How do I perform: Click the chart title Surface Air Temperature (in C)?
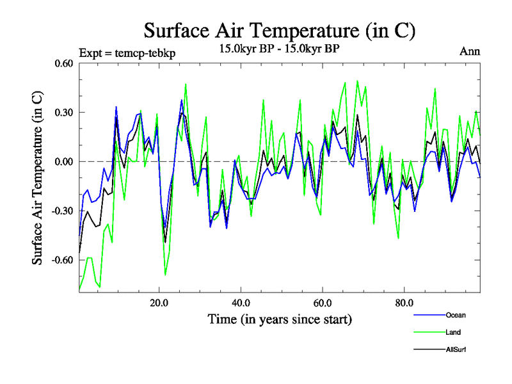pyautogui.click(x=280, y=30)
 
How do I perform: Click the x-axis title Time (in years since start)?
pyautogui.click(x=280, y=319)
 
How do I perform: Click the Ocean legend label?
pyautogui.click(x=456, y=315)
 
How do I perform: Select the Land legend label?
pyautogui.click(x=453, y=332)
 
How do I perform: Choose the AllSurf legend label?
pyautogui.click(x=456, y=349)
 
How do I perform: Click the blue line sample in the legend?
pyautogui.click(x=428, y=316)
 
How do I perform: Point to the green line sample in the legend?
pyautogui.click(x=428, y=333)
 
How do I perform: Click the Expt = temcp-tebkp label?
pyautogui.click(x=127, y=52)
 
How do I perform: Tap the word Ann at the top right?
pyautogui.click(x=470, y=52)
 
